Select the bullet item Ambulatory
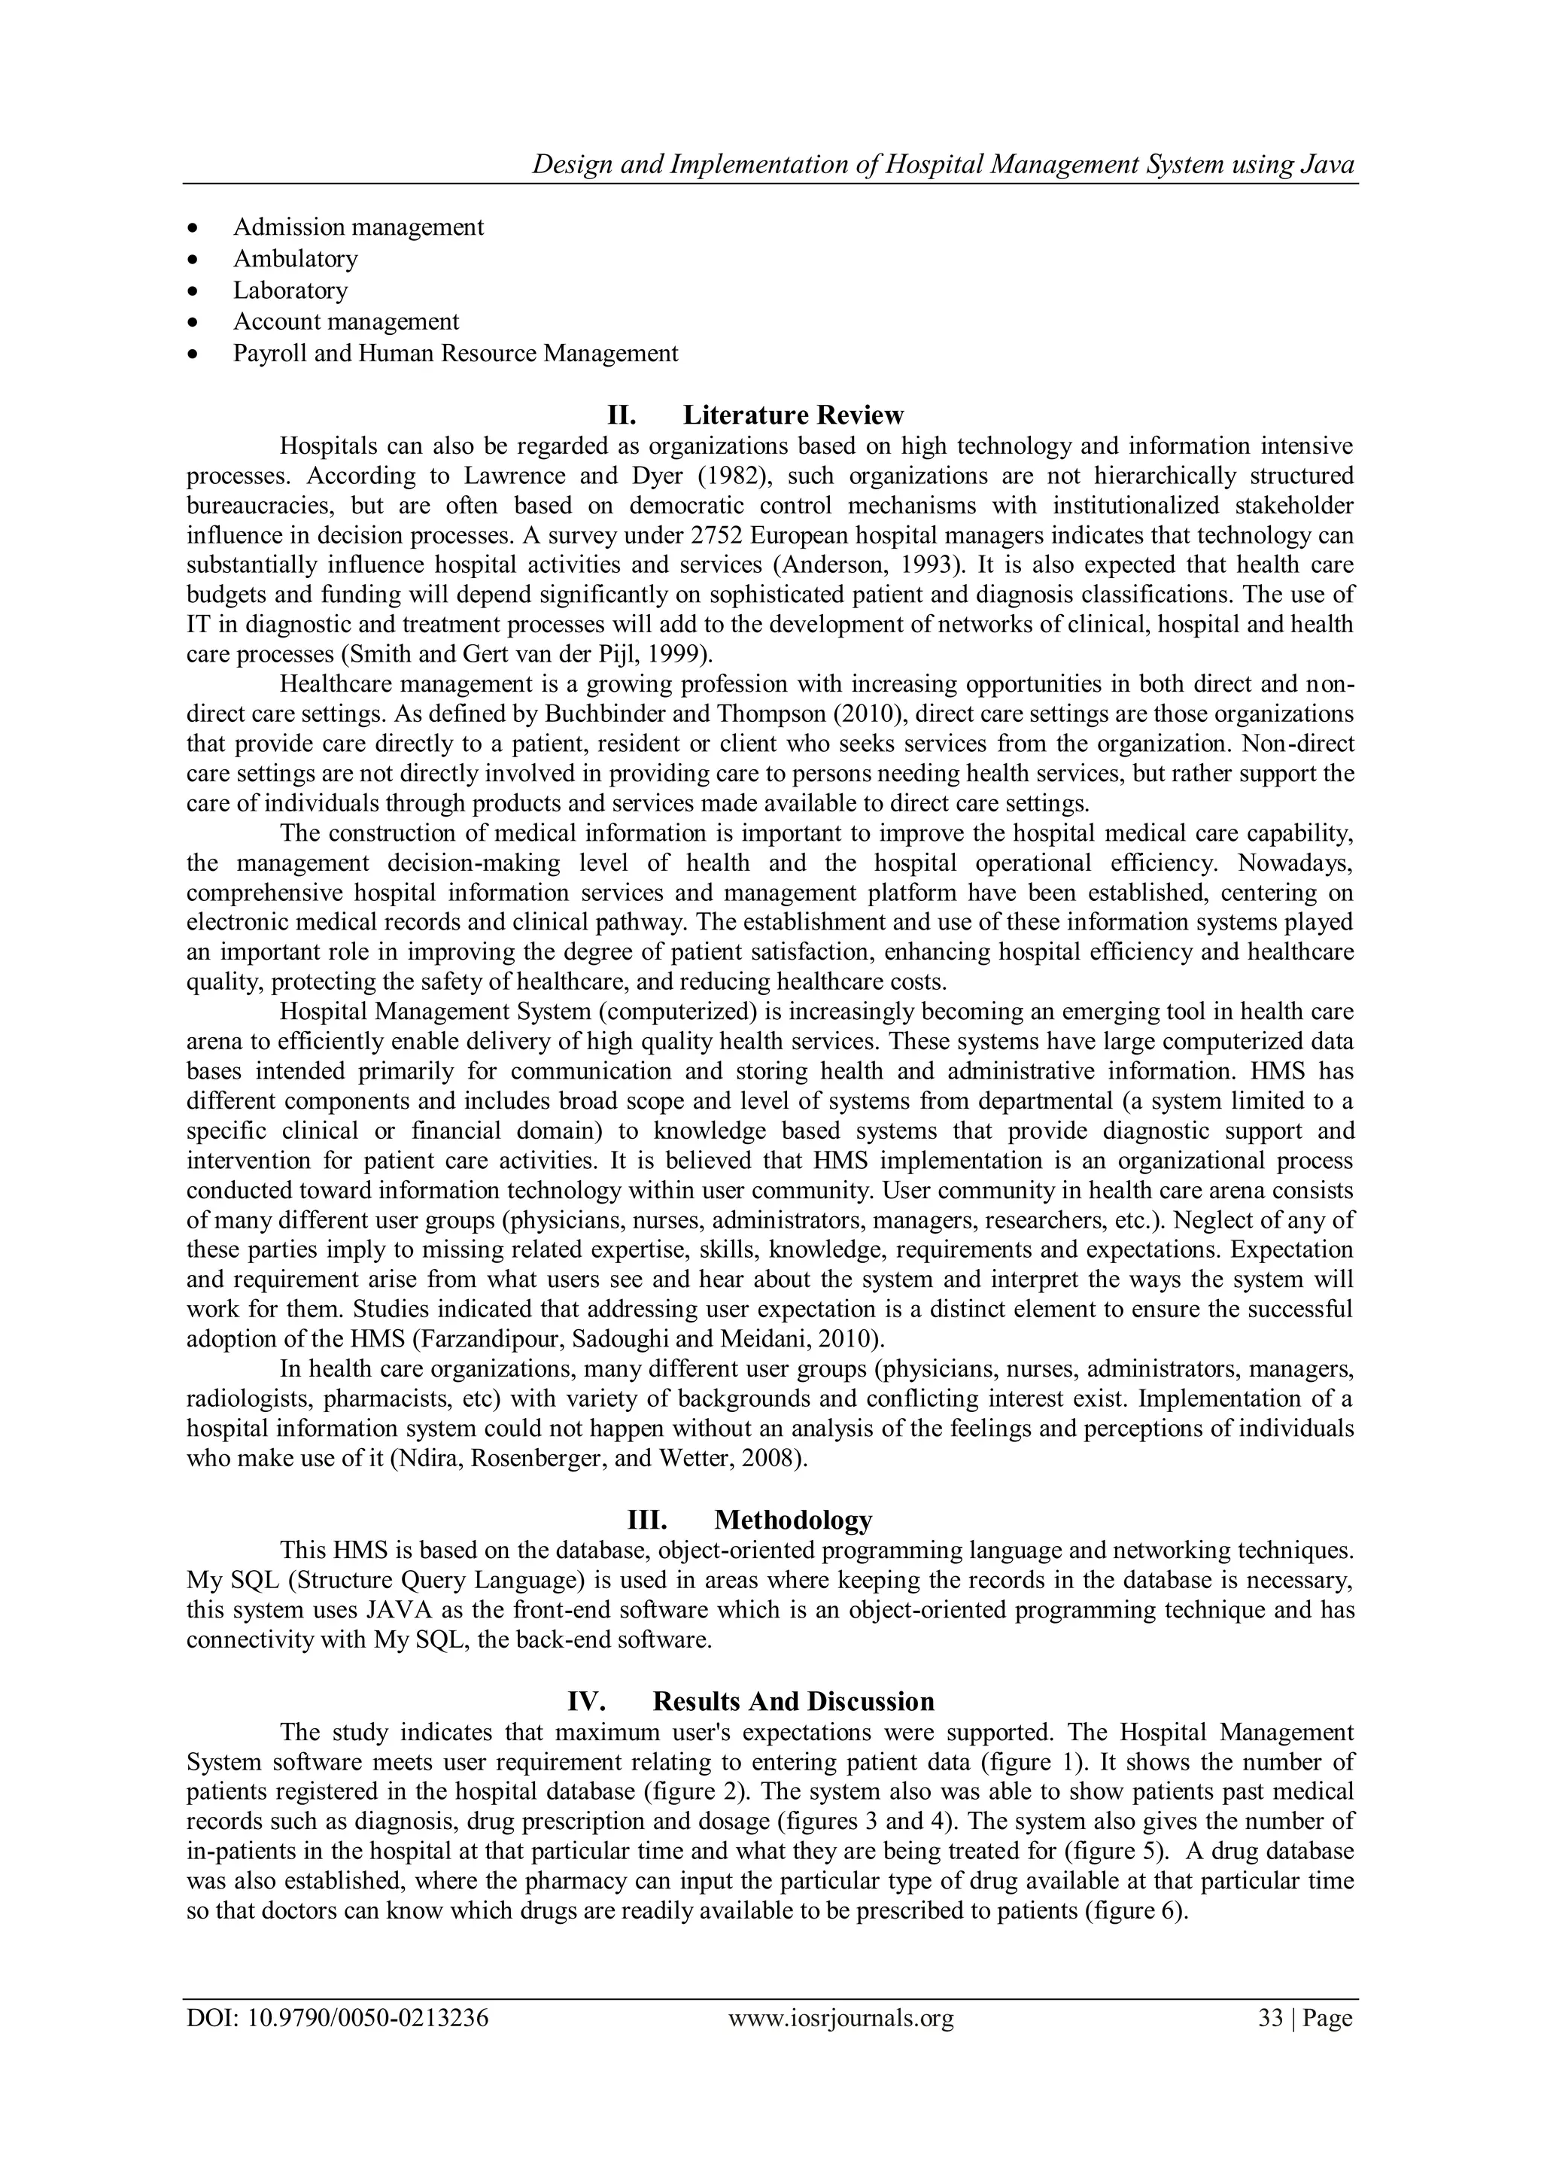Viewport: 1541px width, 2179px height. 295,259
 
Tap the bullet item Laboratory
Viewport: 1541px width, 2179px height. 290,291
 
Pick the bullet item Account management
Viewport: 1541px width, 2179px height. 345,321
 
